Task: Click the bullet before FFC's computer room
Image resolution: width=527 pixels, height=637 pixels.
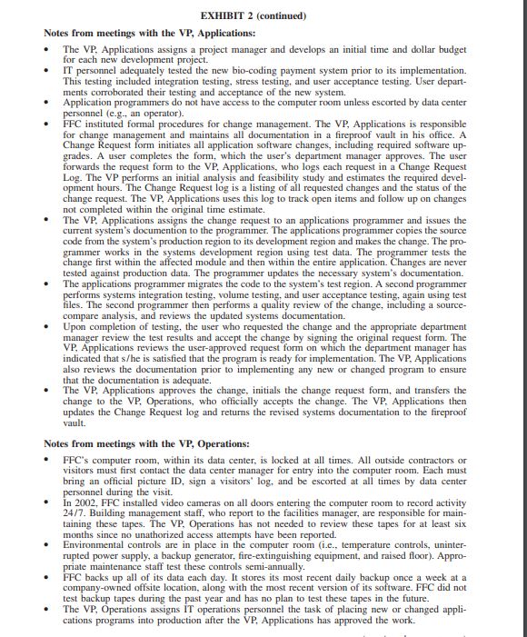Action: pos(48,463)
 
